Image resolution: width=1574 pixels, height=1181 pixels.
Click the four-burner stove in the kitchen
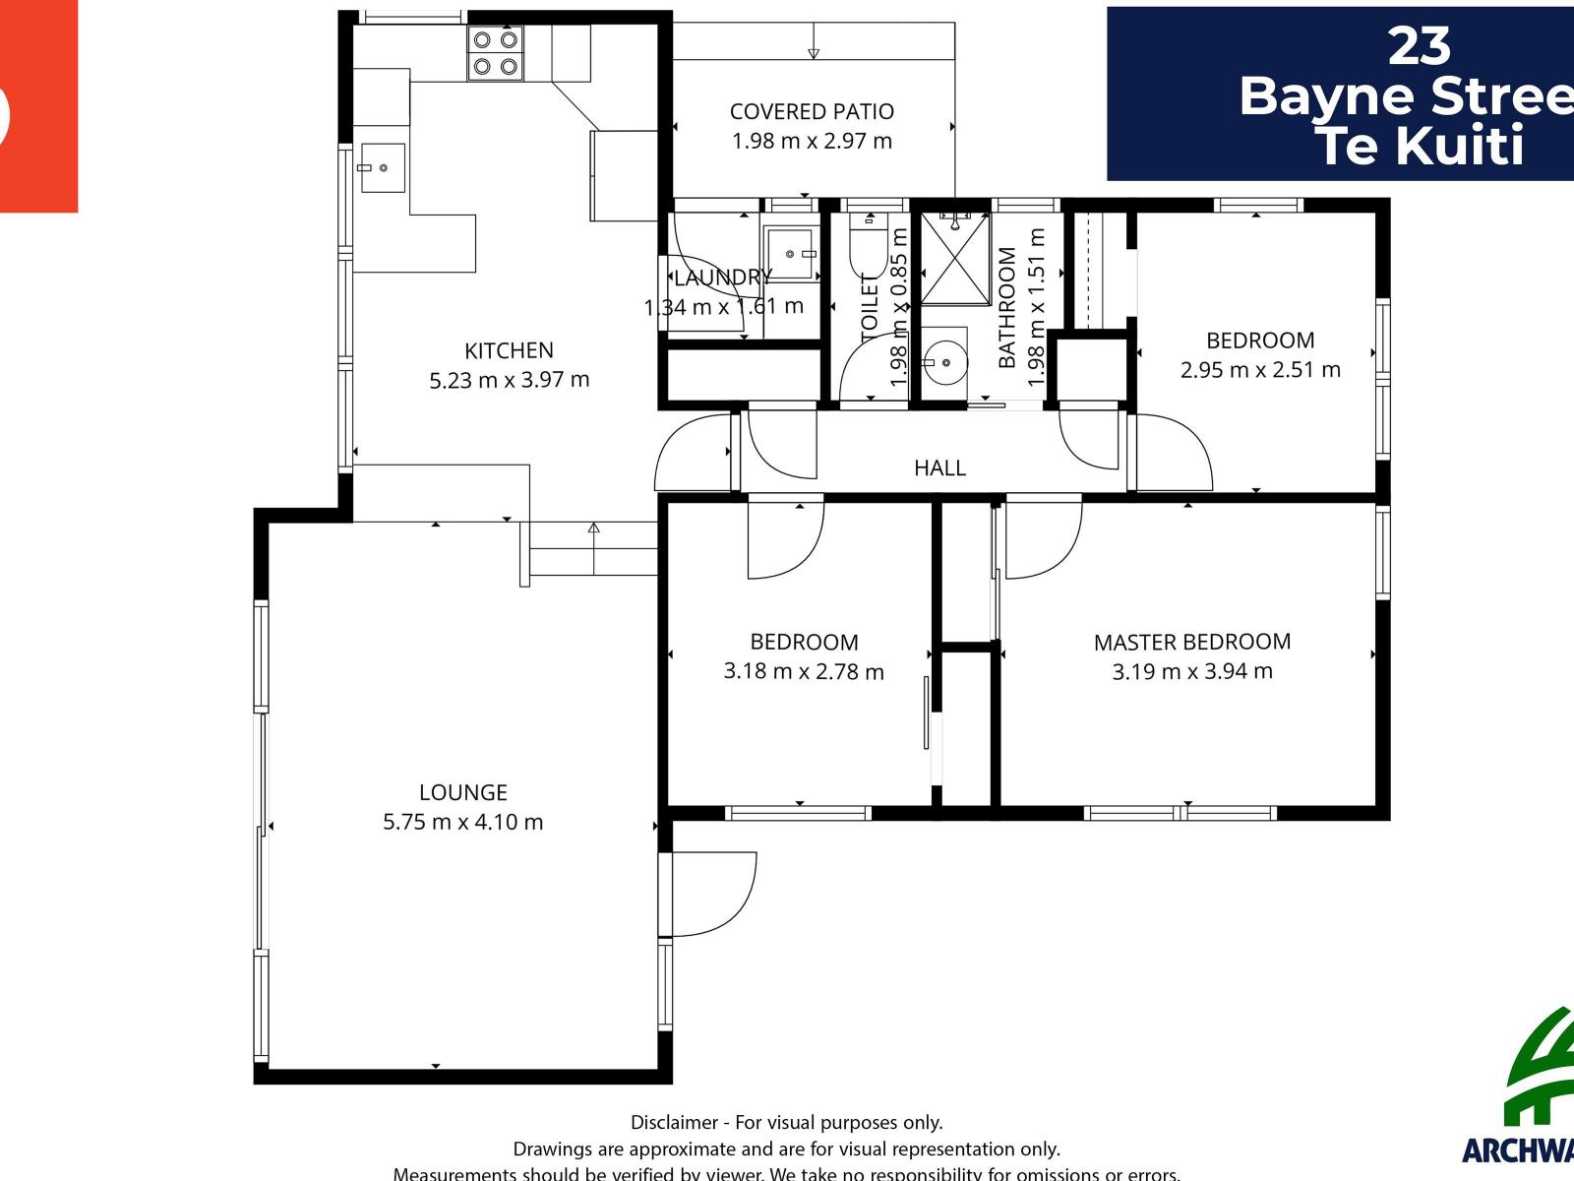pos(495,53)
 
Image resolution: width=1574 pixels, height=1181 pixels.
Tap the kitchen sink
pos(382,168)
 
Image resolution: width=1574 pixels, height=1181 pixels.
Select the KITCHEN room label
pos(509,350)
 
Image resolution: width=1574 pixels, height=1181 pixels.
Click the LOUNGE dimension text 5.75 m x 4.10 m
pos(462,822)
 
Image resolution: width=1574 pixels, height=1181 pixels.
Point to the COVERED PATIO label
pos(812,111)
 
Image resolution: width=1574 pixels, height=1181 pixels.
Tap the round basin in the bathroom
pos(945,363)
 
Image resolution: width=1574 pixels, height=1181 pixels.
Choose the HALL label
pos(939,467)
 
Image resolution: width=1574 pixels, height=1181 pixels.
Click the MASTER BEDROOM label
pos(1192,642)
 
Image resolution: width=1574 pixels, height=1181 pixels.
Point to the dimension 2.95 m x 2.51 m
pos(1260,370)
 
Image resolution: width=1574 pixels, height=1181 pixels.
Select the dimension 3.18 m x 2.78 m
pos(804,672)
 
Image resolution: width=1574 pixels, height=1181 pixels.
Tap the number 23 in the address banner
pos(1419,46)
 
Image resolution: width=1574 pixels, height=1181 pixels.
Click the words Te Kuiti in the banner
pos(1419,146)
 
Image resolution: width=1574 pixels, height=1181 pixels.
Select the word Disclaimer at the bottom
pos(673,1122)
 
